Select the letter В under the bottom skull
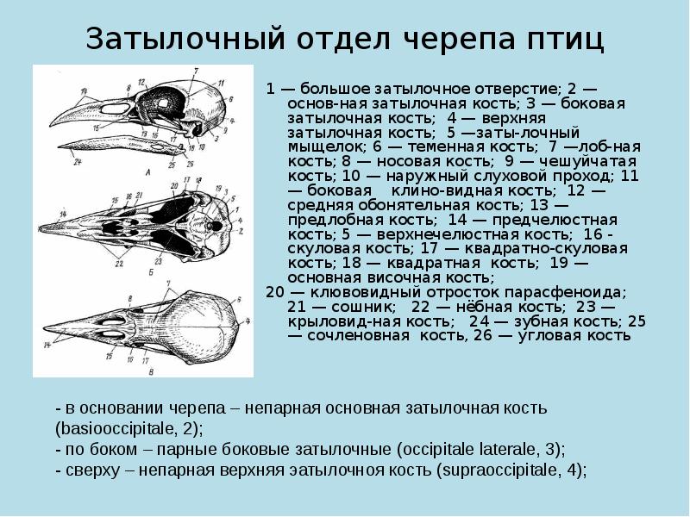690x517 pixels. pyautogui.click(x=151, y=372)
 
